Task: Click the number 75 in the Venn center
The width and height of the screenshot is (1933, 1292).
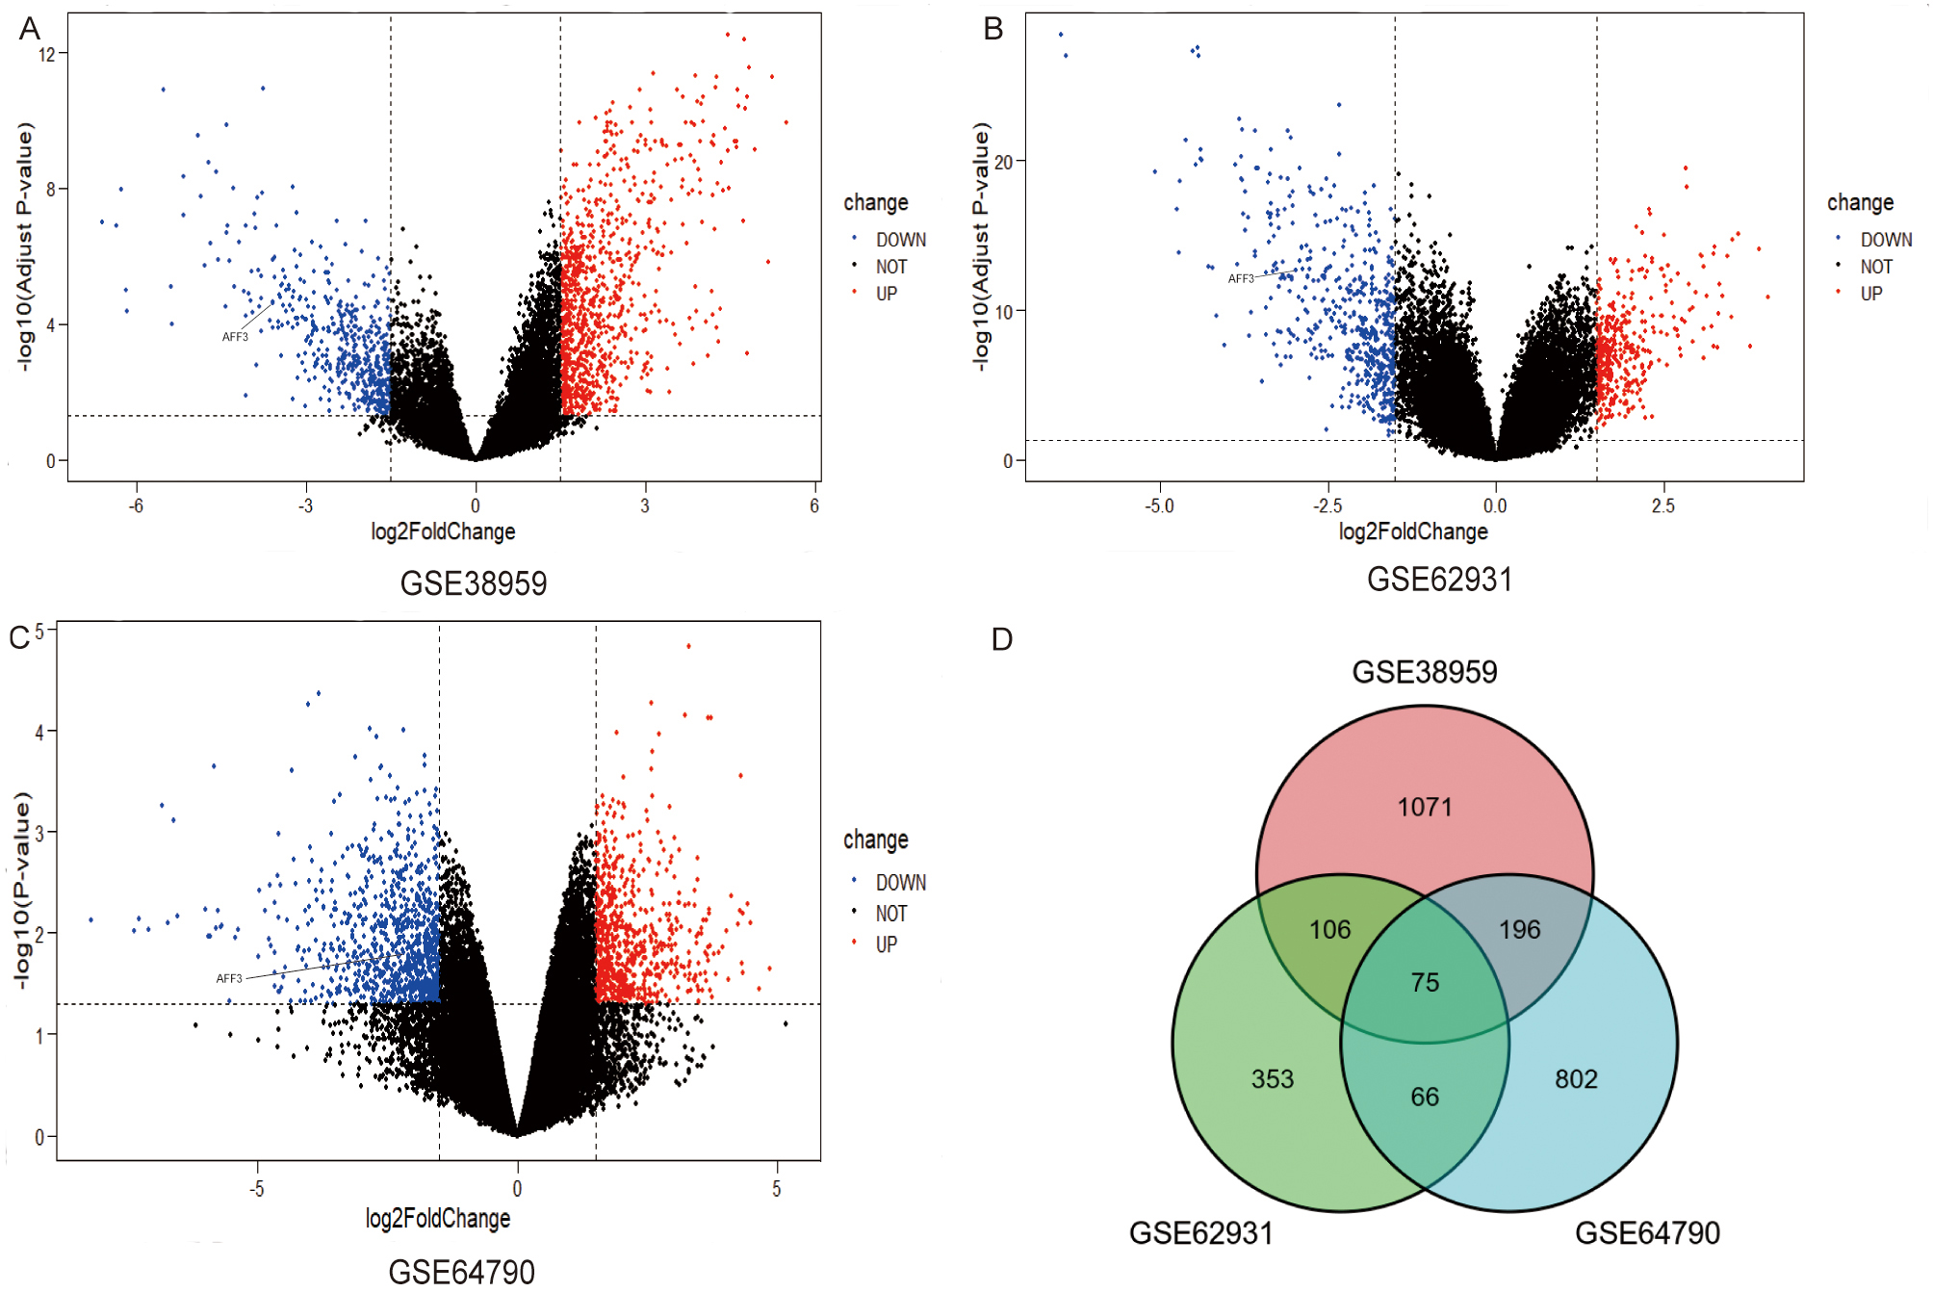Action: click(x=1425, y=982)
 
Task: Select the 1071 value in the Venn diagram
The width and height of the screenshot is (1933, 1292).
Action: click(x=1425, y=807)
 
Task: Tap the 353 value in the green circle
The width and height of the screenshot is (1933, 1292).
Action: click(x=1272, y=1078)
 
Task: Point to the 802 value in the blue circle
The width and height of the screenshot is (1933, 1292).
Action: click(x=1576, y=1078)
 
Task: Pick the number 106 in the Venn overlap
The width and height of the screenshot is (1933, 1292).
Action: click(x=1329, y=929)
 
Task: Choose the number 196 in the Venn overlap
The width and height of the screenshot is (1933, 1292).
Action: click(x=1519, y=929)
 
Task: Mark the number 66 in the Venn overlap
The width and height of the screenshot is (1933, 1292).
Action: click(x=1425, y=1097)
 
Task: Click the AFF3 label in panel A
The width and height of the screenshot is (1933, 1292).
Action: click(x=235, y=337)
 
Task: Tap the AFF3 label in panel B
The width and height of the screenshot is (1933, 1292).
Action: click(x=1241, y=279)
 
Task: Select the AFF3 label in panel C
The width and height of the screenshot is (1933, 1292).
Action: click(x=229, y=978)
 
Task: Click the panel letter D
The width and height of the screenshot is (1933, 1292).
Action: click(x=1002, y=639)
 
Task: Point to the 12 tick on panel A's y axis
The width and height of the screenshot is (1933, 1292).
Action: click(x=47, y=54)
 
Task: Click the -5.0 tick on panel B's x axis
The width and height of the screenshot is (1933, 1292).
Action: click(x=1159, y=506)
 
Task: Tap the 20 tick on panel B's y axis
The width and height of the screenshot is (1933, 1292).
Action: click(x=1004, y=162)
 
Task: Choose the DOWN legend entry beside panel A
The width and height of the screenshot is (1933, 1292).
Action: click(x=900, y=240)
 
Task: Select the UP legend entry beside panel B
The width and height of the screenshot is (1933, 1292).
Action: click(x=1870, y=294)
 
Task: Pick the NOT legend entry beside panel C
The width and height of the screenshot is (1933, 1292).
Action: click(x=890, y=914)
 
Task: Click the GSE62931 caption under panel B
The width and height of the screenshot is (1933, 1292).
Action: click(x=1439, y=580)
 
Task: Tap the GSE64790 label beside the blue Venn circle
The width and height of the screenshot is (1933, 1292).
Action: click(x=1647, y=1233)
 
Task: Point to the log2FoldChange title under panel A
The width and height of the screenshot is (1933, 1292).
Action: click(x=443, y=531)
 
